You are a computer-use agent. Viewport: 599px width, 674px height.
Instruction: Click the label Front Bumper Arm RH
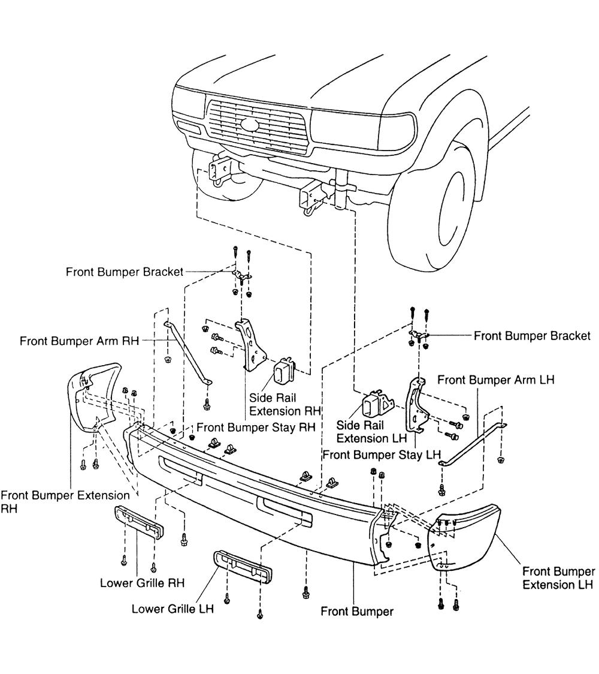79,341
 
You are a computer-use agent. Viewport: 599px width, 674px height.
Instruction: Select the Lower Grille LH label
172,609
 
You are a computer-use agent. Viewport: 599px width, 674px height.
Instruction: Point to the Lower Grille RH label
142,582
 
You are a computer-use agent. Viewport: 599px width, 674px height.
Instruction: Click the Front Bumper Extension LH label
558,577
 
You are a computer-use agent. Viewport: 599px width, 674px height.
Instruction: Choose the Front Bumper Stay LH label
381,455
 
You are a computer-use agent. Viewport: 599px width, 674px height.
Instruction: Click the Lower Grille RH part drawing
138,522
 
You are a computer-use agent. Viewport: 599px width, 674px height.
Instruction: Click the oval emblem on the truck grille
249,125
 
